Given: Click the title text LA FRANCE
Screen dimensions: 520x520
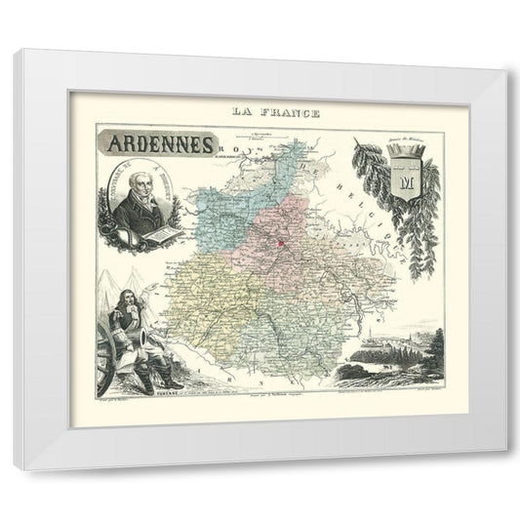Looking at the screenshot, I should click(x=260, y=110).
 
